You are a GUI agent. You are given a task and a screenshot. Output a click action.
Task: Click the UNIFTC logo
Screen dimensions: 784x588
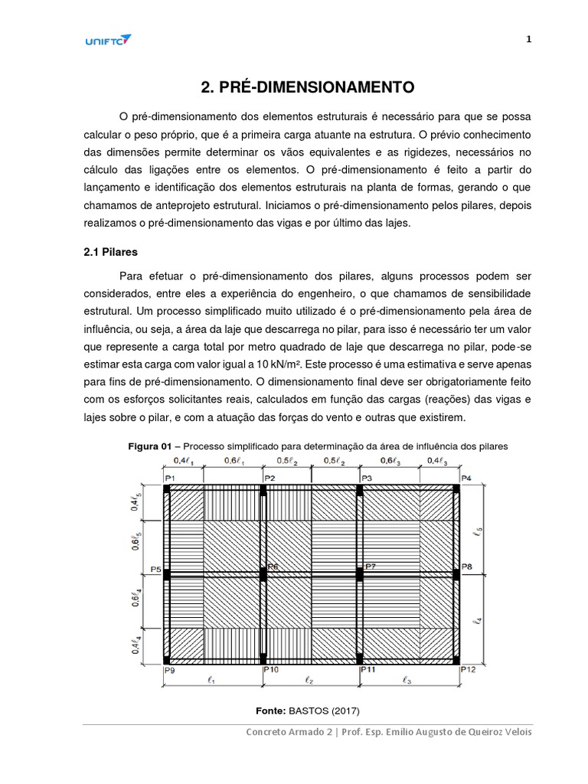click(108, 41)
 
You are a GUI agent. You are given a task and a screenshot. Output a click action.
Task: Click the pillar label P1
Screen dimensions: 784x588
click(170, 479)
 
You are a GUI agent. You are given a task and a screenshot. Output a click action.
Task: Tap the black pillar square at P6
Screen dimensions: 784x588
click(262, 573)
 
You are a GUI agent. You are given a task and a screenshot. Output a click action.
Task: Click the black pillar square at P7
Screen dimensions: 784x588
click(359, 573)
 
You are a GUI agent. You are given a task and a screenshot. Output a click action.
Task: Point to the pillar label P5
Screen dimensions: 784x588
click(155, 569)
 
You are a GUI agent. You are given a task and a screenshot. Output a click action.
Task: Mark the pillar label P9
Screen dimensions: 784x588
click(169, 669)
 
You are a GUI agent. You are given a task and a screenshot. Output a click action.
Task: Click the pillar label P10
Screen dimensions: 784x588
click(269, 669)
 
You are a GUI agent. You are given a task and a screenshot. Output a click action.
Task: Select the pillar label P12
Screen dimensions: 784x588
click(468, 669)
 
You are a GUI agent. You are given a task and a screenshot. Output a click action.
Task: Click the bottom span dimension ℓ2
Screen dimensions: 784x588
click(307, 678)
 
